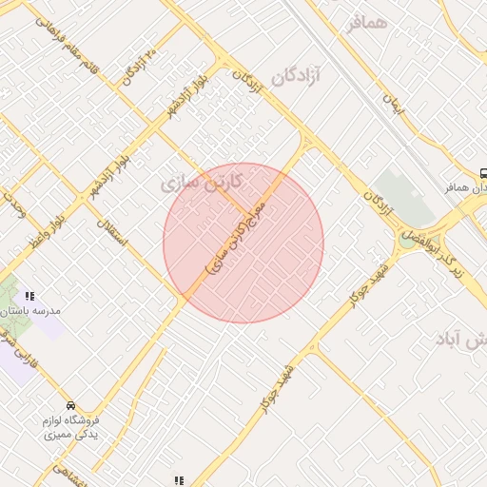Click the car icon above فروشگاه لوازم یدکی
70,404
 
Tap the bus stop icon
483,174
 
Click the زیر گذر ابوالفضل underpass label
443,251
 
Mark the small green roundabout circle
407,241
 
